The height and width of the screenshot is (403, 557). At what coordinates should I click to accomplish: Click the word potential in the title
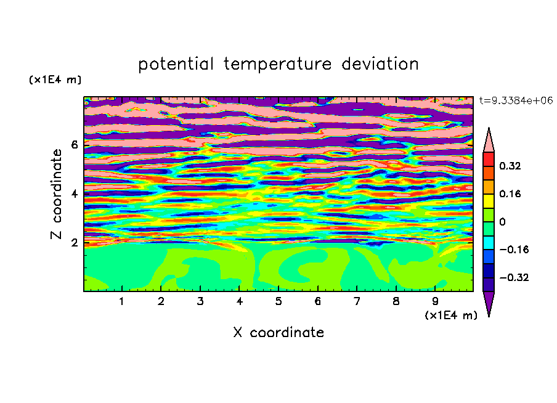click(176, 64)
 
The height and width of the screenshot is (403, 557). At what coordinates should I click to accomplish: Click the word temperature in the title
click(277, 64)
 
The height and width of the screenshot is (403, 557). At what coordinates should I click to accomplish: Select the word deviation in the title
click(380, 63)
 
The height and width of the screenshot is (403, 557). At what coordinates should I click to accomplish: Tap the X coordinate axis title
click(278, 332)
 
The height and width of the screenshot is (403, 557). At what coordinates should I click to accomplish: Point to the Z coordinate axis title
click(57, 194)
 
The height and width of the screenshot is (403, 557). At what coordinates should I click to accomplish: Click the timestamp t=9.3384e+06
click(516, 100)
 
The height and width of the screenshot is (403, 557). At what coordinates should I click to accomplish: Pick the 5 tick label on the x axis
click(278, 301)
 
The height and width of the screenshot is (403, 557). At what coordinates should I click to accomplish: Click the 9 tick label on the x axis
click(435, 301)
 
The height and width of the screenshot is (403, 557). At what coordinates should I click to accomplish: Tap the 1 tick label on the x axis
click(122, 301)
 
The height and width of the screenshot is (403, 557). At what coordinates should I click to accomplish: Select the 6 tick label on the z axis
click(74, 145)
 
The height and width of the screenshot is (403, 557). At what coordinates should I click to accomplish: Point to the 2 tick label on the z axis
click(74, 243)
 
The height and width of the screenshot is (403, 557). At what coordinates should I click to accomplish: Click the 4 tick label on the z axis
click(74, 193)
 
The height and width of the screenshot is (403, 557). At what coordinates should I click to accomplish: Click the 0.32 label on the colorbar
click(510, 166)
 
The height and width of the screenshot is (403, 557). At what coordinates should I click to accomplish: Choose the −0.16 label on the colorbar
click(514, 250)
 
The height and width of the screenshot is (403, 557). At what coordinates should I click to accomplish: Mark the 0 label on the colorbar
click(502, 222)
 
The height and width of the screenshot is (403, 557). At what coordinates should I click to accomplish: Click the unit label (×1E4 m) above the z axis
click(55, 79)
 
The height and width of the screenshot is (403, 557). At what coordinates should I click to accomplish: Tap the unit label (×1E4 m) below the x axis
click(451, 315)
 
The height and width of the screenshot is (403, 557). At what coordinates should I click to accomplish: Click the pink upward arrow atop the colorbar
click(489, 140)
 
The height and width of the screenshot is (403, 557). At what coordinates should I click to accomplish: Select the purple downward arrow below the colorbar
click(489, 304)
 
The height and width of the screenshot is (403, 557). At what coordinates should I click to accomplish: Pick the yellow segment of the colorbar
click(489, 201)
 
